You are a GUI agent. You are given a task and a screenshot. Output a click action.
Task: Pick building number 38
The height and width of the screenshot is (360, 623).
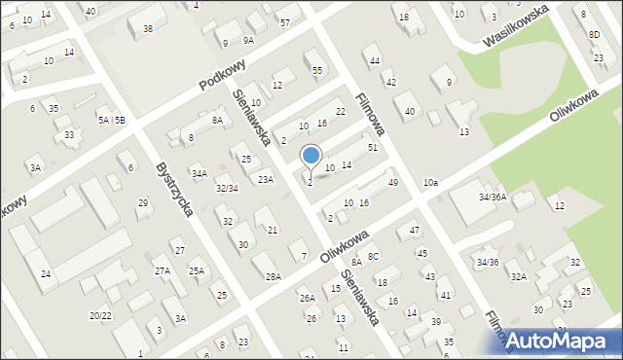[147, 29]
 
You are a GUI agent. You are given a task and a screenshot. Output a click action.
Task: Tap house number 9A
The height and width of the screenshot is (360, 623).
[248, 41]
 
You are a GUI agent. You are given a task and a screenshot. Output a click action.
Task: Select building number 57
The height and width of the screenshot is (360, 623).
[284, 22]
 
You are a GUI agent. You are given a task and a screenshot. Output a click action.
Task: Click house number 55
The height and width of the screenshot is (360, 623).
[317, 70]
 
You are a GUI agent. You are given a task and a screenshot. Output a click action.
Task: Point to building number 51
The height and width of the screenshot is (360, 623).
[372, 147]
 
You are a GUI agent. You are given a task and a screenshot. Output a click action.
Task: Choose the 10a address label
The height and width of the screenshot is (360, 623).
[430, 182]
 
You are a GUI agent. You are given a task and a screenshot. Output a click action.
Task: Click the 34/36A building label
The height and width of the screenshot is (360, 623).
[492, 197]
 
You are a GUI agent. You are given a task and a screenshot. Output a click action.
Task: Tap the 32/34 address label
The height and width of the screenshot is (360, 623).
[228, 188]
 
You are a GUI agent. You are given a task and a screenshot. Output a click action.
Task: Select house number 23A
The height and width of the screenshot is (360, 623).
[266, 179]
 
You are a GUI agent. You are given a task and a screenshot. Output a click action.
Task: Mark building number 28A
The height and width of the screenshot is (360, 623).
[274, 276]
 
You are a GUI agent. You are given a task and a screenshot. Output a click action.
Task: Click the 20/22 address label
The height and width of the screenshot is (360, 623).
[99, 315]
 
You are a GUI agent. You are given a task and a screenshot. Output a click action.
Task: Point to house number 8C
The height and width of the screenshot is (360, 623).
[373, 256]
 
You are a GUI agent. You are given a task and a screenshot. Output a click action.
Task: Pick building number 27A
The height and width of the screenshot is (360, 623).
[163, 271]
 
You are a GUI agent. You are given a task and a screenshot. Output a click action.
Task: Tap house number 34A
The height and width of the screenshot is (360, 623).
[199, 174]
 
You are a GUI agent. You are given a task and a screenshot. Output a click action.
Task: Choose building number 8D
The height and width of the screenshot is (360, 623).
[594, 35]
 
